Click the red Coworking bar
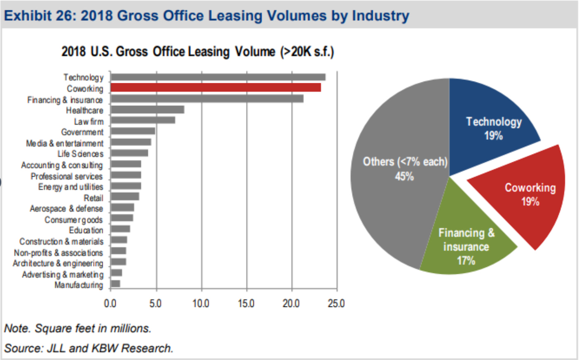click(216, 87)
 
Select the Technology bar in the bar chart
click(218, 77)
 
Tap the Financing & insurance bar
click(207, 99)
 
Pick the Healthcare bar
click(147, 110)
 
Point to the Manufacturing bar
click(115, 284)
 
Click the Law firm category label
click(89, 122)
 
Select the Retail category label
click(94, 198)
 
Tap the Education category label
click(86, 230)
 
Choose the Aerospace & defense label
click(66, 209)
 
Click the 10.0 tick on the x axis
click(201, 304)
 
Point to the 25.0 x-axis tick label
click(336, 304)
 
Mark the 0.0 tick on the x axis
click(110, 304)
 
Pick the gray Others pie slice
click(396, 206)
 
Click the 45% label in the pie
click(404, 177)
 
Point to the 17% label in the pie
click(466, 261)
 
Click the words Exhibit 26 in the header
click(40, 16)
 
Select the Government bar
click(133, 131)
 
